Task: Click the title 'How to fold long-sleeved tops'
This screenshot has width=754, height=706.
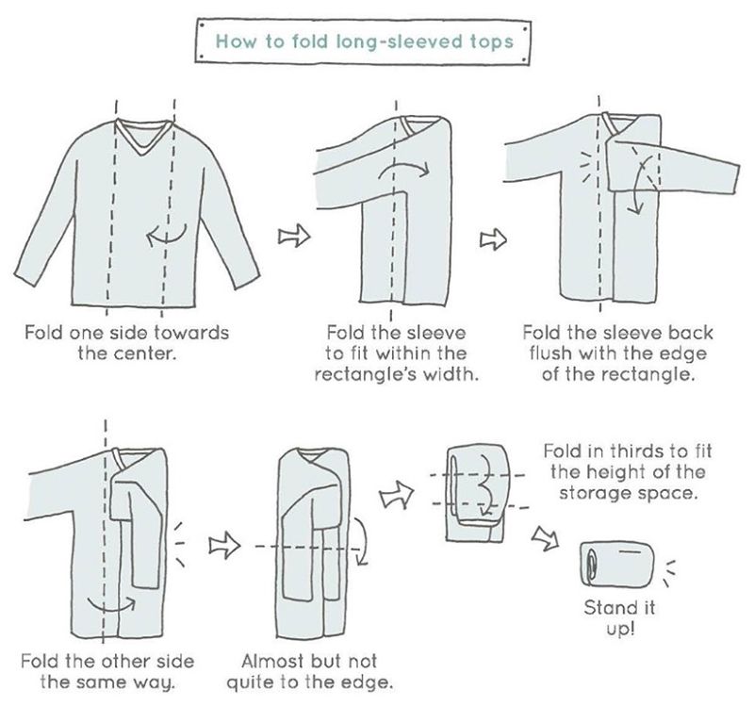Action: (x=366, y=42)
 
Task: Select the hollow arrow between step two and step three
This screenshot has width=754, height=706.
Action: (x=491, y=241)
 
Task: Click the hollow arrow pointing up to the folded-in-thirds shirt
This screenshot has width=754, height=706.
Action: (x=402, y=491)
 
